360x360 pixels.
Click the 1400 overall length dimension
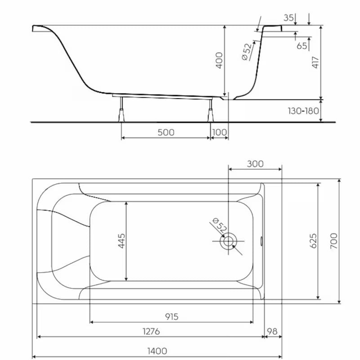157,351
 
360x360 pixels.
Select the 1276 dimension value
151,332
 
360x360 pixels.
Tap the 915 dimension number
172,317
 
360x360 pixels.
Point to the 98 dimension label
272,332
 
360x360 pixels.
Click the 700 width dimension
334,241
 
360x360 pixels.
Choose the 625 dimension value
313,241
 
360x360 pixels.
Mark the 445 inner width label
122,241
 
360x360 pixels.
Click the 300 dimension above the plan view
255,164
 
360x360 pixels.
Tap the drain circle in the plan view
228,241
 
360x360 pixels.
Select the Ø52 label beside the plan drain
220,225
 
